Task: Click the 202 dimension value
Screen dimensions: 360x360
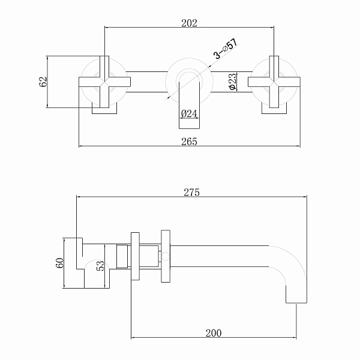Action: (x=190, y=23)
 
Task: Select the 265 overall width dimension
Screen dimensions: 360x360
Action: (x=190, y=141)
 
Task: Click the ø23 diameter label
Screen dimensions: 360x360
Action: (x=232, y=82)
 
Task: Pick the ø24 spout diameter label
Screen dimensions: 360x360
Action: (x=190, y=113)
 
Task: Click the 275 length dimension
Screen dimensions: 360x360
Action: (x=191, y=193)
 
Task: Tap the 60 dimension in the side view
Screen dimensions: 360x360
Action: (x=60, y=263)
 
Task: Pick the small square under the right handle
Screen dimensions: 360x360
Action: (x=275, y=108)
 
